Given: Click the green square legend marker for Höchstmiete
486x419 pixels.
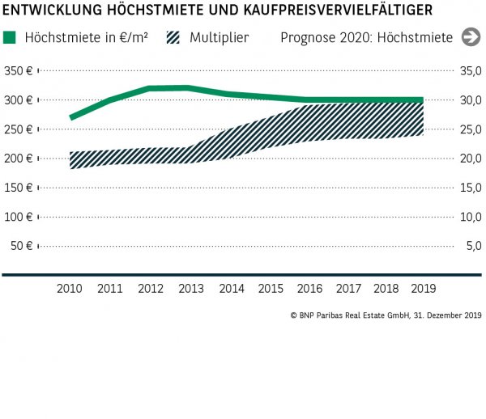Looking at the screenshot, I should coord(10,37).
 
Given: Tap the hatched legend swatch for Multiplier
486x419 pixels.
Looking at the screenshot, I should coord(172,37).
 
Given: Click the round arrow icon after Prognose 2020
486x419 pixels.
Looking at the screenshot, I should coord(470,37).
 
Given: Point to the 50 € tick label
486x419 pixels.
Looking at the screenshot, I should coord(21,246).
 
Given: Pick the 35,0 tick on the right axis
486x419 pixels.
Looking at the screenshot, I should coord(471,71).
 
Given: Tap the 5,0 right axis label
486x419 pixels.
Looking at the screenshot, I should coord(474,246).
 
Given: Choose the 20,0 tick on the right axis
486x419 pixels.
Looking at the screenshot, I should coord(471,159).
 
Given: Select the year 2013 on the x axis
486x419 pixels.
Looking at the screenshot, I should coord(191,288).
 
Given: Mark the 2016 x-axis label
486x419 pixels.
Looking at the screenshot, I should coord(311,288).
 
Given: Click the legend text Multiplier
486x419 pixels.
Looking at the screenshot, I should coord(220,37).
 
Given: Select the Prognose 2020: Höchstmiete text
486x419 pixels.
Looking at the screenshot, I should coord(366,37).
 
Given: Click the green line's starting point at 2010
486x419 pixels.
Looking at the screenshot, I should coord(71,117).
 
